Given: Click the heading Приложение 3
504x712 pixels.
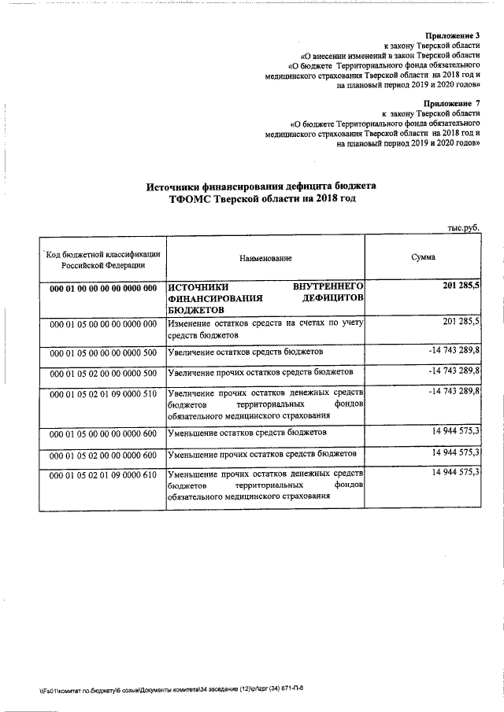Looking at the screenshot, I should tap(452, 36).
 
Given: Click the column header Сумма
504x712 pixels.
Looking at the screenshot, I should tap(424, 257).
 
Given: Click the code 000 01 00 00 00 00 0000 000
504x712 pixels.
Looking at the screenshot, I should tap(103, 289).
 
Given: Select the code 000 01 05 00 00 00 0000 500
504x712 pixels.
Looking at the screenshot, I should tap(103, 352).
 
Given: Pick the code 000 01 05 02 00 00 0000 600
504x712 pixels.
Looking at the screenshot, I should tap(103, 456).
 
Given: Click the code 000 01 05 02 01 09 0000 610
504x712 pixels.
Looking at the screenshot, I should tap(103, 476).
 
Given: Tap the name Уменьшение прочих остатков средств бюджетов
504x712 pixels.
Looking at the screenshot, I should tap(261, 455).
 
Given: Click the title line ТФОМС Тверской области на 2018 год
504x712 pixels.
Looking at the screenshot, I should tap(261, 200).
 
